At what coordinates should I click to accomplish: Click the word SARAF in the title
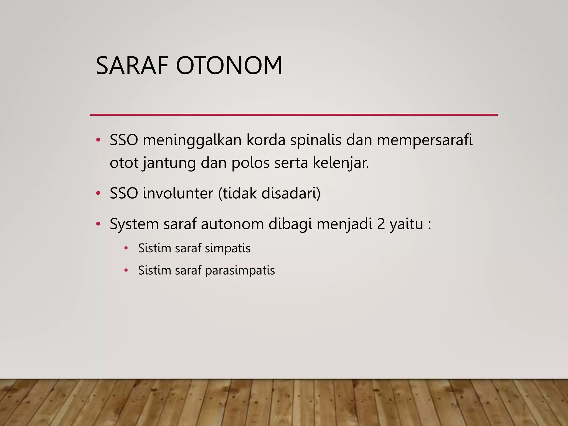click(x=132, y=66)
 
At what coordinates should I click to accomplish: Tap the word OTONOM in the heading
click(x=229, y=66)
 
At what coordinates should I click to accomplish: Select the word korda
click(x=266, y=140)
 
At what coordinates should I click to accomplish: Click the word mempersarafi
click(x=424, y=140)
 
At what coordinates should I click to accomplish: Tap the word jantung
click(x=169, y=163)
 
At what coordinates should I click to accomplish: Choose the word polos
click(x=250, y=163)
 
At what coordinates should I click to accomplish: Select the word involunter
click(x=178, y=193)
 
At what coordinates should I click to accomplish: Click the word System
click(x=134, y=224)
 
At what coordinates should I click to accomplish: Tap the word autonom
click(x=232, y=224)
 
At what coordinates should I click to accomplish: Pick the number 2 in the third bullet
click(x=381, y=224)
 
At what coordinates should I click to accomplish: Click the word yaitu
click(x=406, y=224)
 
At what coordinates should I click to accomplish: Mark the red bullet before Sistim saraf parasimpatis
click(x=126, y=270)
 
